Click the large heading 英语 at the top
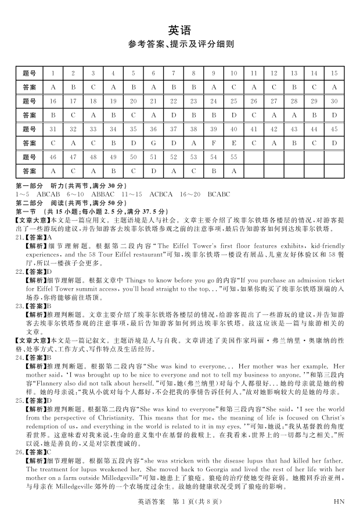pyautogui.click(x=179, y=30)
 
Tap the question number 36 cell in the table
pyautogui.click(x=153, y=128)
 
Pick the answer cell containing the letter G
pyautogui.click(x=153, y=143)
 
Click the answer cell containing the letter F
pyautogui.click(x=214, y=143)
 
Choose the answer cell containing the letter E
pyautogui.click(x=234, y=143)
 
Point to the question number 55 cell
pyautogui.click(x=234, y=157)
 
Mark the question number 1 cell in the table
pyautogui.click(x=53, y=73)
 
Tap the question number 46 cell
pyautogui.click(x=53, y=157)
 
